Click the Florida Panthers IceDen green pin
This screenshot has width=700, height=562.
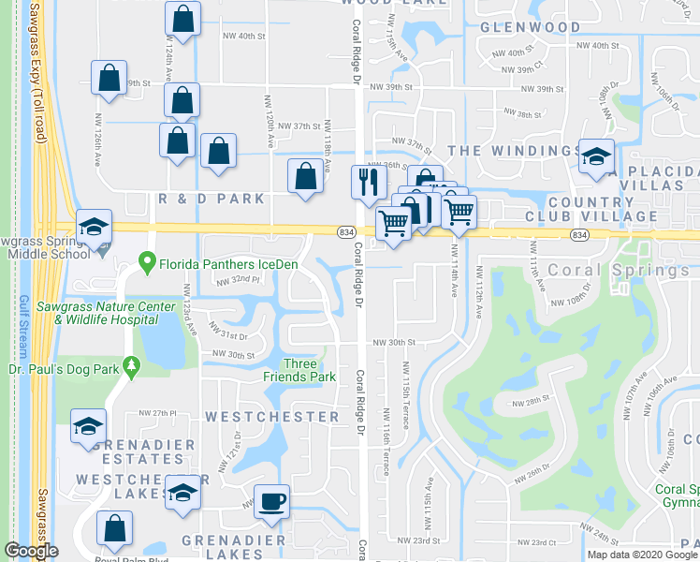[147, 263]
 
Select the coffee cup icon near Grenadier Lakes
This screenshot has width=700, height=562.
[272, 501]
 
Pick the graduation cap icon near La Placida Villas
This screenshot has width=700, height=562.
[594, 156]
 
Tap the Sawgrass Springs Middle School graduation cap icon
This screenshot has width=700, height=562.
[94, 227]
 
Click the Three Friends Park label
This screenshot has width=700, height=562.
[310, 370]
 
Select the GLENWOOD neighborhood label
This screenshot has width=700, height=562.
[531, 27]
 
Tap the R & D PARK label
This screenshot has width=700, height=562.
[211, 199]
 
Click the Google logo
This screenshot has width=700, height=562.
[31, 552]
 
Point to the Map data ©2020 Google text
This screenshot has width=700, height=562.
[642, 554]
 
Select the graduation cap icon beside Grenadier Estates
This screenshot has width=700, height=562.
[90, 428]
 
